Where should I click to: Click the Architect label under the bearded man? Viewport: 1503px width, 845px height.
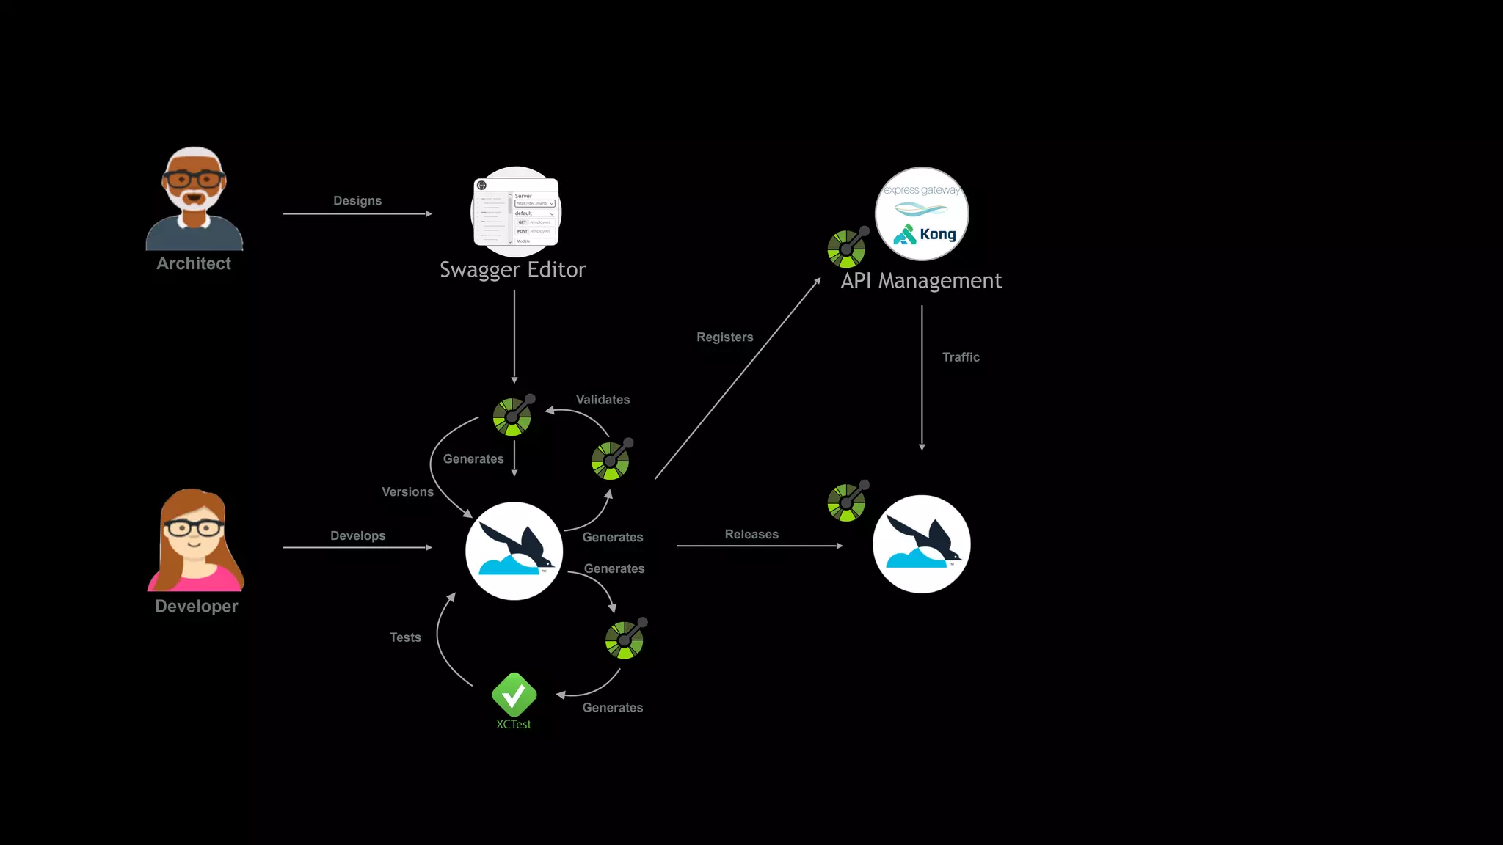click(194, 263)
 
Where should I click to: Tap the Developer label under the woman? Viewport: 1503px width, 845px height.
click(197, 606)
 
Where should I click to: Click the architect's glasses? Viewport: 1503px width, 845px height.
click(194, 179)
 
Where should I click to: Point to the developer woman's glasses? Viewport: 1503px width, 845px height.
click(193, 527)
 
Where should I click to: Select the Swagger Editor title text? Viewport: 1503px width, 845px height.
click(512, 270)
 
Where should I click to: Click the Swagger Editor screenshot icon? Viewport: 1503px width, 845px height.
click(516, 212)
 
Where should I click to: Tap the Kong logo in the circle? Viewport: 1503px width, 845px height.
click(925, 234)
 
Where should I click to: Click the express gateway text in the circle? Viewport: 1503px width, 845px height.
click(922, 190)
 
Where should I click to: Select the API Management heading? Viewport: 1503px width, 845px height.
click(921, 281)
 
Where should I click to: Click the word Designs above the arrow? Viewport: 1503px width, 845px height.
click(357, 201)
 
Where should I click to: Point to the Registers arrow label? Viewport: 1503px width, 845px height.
click(725, 337)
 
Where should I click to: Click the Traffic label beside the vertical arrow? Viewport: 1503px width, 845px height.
click(961, 357)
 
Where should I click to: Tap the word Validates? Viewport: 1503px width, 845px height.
click(603, 400)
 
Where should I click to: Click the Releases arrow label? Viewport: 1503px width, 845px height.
click(751, 535)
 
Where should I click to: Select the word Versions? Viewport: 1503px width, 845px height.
click(407, 492)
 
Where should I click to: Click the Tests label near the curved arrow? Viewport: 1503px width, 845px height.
click(405, 637)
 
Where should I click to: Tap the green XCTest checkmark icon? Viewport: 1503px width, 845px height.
click(514, 695)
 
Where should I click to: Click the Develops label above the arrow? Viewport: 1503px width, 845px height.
click(357, 536)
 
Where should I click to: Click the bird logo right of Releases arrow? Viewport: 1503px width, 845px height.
click(921, 544)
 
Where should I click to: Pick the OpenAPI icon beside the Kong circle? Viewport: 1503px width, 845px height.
click(847, 248)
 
